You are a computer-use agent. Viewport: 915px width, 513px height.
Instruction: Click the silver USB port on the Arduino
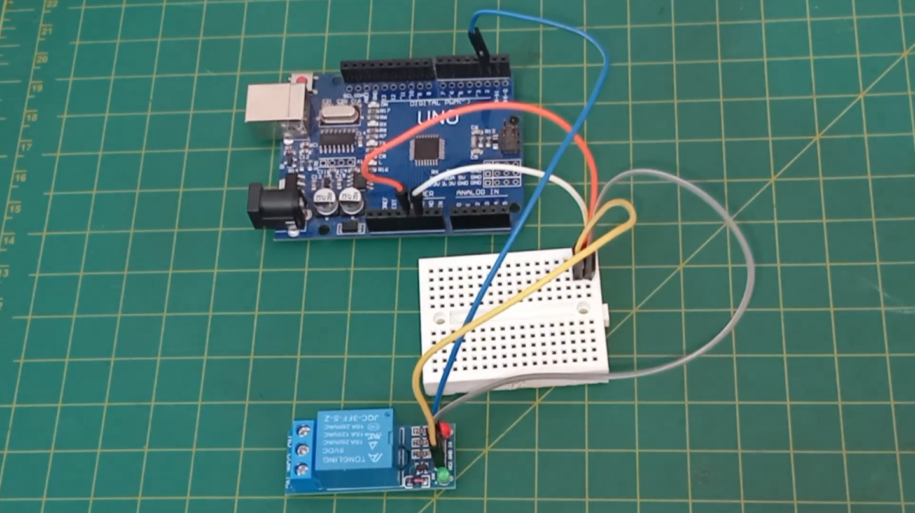pyautogui.click(x=275, y=111)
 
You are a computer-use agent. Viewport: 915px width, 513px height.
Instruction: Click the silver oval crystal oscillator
pyautogui.click(x=333, y=115)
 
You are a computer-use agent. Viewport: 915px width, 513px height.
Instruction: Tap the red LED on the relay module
pyautogui.click(x=444, y=427)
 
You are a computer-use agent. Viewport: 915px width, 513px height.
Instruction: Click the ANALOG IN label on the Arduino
pyautogui.click(x=477, y=192)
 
